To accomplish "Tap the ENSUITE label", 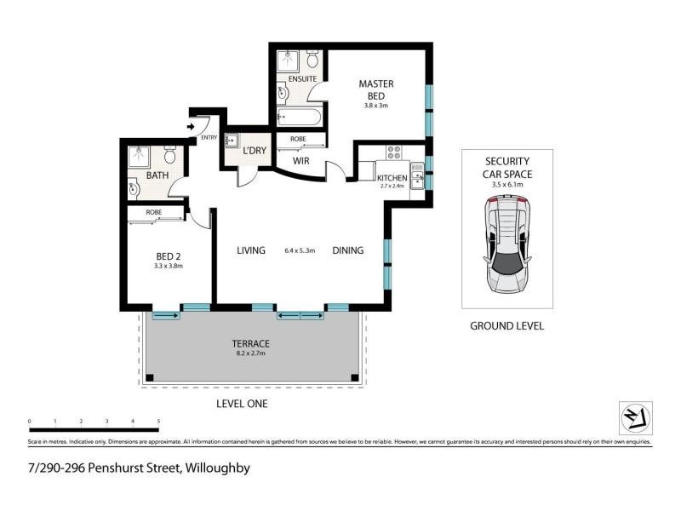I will [x=302, y=79].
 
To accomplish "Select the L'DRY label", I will [x=255, y=152].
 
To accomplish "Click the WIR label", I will [x=300, y=159].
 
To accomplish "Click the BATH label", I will [x=157, y=175].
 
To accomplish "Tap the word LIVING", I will [x=251, y=250].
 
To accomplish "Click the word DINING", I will [x=348, y=250].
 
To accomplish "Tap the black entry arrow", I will [x=191, y=129].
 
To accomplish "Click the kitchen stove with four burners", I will [x=395, y=153].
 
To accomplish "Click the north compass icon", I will [x=635, y=417].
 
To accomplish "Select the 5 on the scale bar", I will [x=159, y=422].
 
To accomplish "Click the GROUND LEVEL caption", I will [x=506, y=326].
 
